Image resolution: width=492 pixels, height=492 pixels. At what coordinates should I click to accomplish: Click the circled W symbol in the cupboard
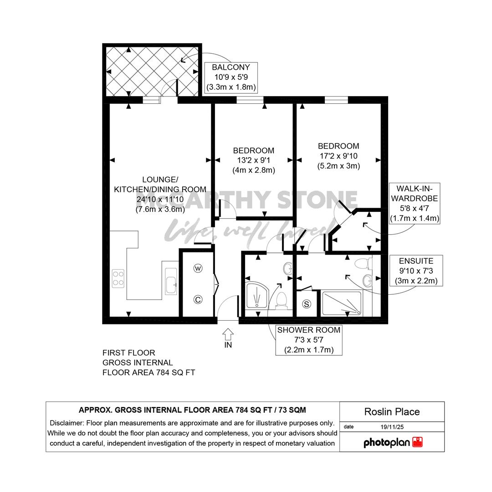[x=198, y=269]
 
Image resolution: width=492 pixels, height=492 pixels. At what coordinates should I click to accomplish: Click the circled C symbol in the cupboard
[x=198, y=300]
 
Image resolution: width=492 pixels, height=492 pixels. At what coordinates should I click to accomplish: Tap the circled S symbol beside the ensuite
[x=307, y=304]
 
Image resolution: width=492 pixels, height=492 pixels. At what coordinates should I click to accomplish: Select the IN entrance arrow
[x=228, y=334]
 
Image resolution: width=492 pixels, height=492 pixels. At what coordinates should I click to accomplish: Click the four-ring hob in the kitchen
[x=118, y=279]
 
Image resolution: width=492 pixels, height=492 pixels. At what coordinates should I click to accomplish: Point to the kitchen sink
[x=171, y=281]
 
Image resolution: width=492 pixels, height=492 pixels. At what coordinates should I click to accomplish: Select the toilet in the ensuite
[x=364, y=263]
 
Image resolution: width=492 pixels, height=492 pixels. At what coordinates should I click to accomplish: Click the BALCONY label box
[x=231, y=77]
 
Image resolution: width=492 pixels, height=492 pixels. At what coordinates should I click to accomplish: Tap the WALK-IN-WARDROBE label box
[x=415, y=203]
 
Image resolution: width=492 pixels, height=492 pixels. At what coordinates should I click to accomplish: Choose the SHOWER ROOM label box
[x=309, y=340]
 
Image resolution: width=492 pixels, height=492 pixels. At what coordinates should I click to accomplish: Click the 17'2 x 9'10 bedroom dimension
[x=338, y=156]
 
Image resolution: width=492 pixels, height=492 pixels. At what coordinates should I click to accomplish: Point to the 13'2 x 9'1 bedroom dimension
[x=254, y=160]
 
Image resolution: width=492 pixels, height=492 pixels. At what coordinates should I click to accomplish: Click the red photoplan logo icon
[x=417, y=442]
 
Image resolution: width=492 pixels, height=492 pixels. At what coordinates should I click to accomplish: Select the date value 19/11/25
[x=392, y=427]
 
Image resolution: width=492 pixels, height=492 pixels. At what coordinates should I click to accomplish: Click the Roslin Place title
[x=392, y=412]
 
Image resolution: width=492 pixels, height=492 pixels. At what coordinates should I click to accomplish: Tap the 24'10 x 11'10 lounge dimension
[x=160, y=199]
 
